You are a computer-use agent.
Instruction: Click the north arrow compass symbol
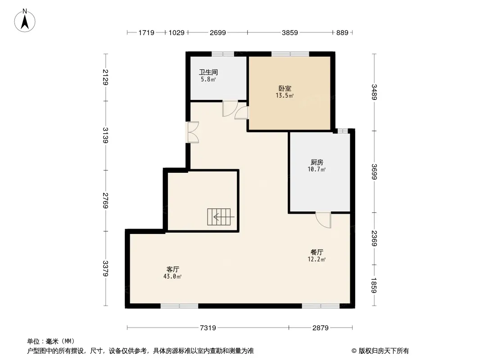click(25, 21)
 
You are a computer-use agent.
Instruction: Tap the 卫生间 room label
click(208, 72)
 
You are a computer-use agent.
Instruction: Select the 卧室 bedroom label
click(285, 88)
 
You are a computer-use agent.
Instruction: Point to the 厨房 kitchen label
click(317, 162)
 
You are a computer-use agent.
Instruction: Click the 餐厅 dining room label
click(317, 252)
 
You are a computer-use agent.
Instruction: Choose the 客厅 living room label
click(172, 269)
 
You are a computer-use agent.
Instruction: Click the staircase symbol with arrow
click(219, 217)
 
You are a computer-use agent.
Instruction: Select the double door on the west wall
click(193, 132)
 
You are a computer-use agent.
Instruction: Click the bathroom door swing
click(230, 108)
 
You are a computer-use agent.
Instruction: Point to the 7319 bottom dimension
click(208, 328)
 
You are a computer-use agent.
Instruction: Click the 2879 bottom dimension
click(321, 328)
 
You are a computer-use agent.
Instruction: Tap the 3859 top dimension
click(290, 32)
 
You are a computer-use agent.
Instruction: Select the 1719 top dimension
click(146, 32)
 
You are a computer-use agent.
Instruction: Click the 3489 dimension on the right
click(374, 92)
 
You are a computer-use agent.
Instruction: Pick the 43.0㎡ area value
click(172, 276)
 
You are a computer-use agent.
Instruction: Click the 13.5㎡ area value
click(285, 95)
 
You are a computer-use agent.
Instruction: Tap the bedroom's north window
click(290, 54)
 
